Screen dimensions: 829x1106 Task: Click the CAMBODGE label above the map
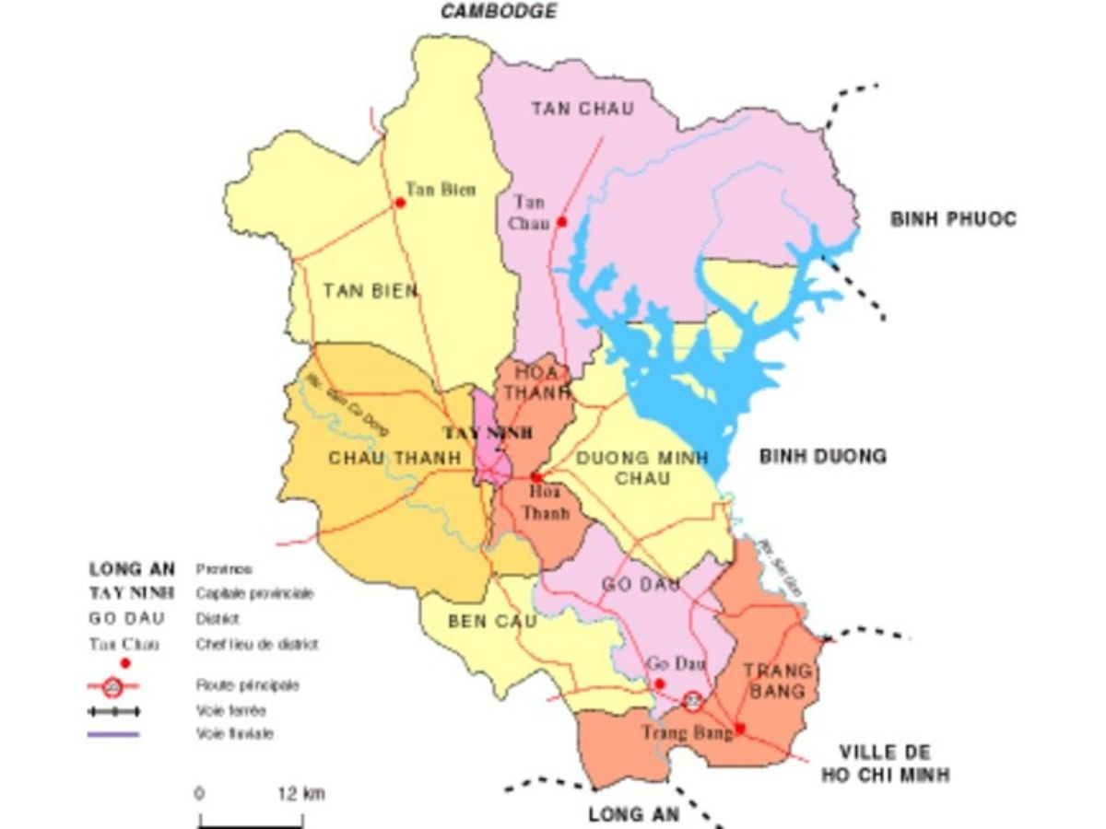pyautogui.click(x=499, y=12)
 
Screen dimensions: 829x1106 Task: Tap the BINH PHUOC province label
pyautogui.click(x=953, y=219)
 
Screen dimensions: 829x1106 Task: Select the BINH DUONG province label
pyautogui.click(x=823, y=456)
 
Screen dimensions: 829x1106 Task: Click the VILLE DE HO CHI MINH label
pyautogui.click(x=886, y=764)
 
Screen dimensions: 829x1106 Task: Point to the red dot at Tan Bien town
pyautogui.click(x=400, y=203)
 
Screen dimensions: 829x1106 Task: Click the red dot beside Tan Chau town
pyautogui.click(x=561, y=222)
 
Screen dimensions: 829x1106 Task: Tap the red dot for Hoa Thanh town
pyautogui.click(x=535, y=477)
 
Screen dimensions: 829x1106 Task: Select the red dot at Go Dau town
pyautogui.click(x=659, y=684)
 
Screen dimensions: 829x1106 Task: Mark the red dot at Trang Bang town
pyautogui.click(x=740, y=727)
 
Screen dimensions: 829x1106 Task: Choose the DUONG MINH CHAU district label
pyautogui.click(x=642, y=468)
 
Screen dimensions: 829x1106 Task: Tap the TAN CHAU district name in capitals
pyautogui.click(x=582, y=109)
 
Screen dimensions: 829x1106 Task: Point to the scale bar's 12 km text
pyautogui.click(x=300, y=794)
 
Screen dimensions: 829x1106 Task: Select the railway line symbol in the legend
pyautogui.click(x=113, y=711)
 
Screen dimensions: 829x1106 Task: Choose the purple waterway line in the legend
pyautogui.click(x=113, y=734)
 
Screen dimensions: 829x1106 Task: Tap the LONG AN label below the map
pyautogui.click(x=634, y=814)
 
